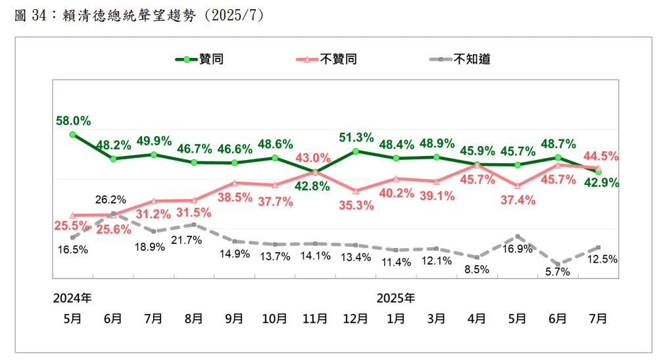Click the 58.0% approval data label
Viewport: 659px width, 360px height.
click(74, 120)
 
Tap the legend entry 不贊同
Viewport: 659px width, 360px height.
click(339, 59)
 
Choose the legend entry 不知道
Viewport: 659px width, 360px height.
click(472, 59)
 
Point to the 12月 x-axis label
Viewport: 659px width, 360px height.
click(356, 319)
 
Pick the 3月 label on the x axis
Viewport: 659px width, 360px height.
click(437, 319)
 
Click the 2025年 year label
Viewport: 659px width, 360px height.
click(395, 297)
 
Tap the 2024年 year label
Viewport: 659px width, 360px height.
click(72, 297)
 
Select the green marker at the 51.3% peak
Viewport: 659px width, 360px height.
click(356, 151)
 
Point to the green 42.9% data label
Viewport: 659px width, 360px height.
click(599, 184)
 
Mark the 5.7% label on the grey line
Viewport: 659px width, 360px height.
click(558, 271)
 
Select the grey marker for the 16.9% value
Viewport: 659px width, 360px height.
click(518, 236)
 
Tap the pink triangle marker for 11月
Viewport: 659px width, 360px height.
click(316, 172)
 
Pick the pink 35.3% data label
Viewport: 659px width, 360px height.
click(356, 205)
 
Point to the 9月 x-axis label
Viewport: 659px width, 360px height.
click(234, 319)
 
